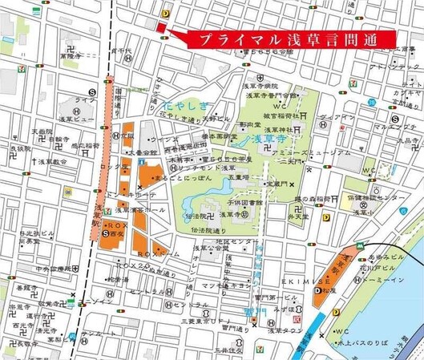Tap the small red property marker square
[160, 29]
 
